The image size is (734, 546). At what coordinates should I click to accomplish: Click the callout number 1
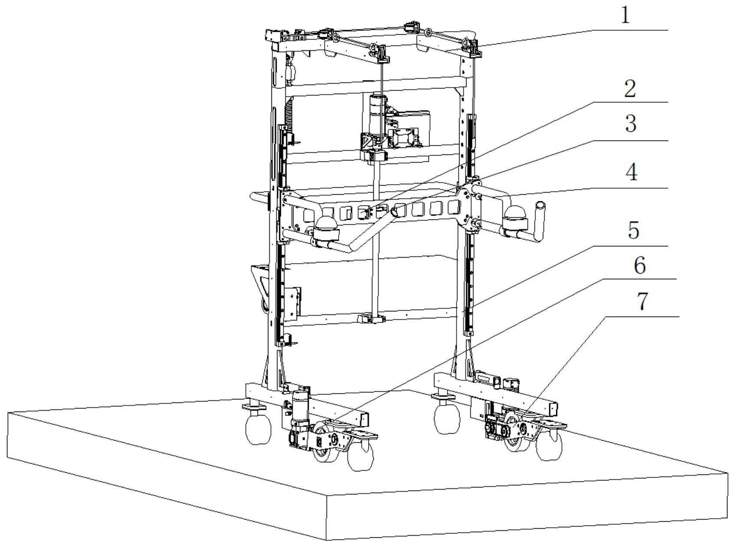tap(624, 16)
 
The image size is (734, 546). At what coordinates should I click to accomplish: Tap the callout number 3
tap(631, 124)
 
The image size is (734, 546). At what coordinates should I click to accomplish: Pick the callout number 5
tap(633, 230)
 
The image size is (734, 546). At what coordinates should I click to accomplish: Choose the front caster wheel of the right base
tap(549, 445)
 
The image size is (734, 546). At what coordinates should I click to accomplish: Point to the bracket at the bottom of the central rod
tap(372, 319)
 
